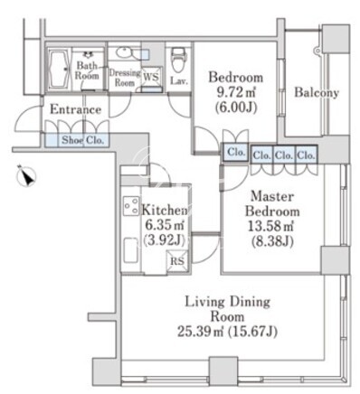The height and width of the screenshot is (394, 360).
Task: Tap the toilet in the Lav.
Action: [x=179, y=61]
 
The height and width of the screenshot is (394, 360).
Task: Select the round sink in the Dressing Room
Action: [x=123, y=53]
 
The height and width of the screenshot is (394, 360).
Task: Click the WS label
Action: [x=151, y=77]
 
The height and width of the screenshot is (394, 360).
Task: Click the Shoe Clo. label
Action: [x=83, y=140]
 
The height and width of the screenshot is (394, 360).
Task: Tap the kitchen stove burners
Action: [x=131, y=205]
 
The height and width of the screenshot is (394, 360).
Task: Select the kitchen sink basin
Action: [x=131, y=250]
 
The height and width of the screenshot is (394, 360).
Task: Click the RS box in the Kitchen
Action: [x=177, y=260]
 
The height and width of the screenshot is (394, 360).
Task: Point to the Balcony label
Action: [x=317, y=92]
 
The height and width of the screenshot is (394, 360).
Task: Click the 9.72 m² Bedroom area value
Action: [x=236, y=92]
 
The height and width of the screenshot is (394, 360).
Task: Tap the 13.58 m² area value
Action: [x=271, y=226]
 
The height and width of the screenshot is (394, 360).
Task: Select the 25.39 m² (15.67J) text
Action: [x=227, y=332]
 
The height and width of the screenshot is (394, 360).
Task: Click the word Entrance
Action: [x=75, y=109]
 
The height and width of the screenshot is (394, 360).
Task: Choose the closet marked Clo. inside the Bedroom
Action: [x=235, y=152]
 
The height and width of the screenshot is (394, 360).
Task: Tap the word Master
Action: [x=272, y=196]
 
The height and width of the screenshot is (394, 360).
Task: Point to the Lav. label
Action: [x=179, y=80]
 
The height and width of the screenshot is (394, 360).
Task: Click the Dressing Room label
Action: [x=125, y=78]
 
